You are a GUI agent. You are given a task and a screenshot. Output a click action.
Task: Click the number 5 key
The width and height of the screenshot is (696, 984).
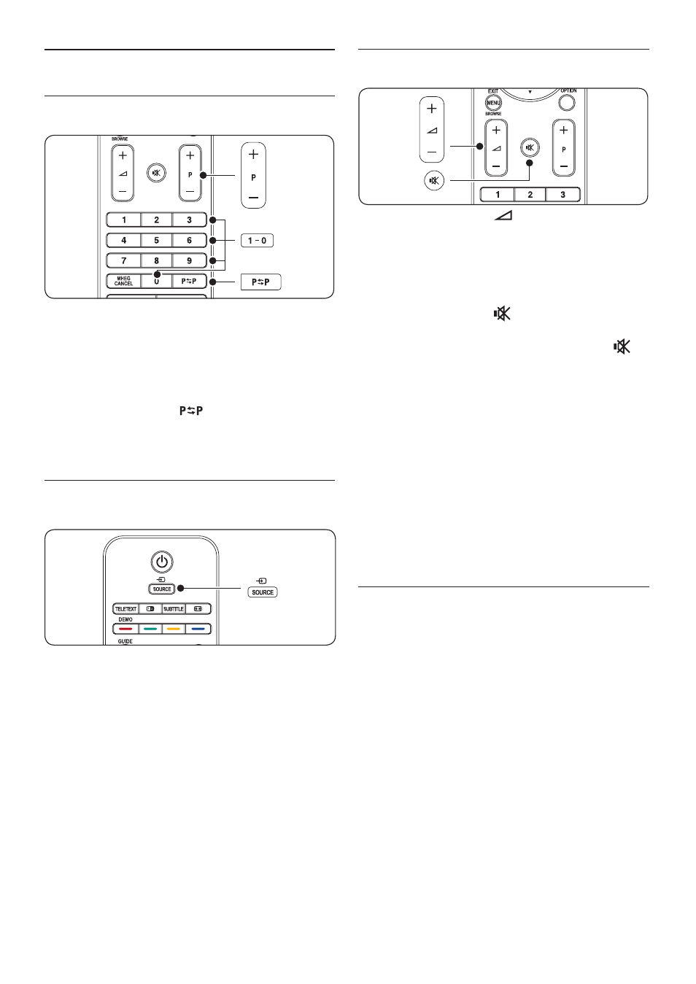[156, 240]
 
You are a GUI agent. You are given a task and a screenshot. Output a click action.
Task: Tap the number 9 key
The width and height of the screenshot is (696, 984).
[190, 260]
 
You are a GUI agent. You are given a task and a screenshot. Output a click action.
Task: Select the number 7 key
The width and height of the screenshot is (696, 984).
[124, 260]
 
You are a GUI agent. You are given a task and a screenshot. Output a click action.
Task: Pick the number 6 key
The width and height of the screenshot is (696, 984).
[190, 240]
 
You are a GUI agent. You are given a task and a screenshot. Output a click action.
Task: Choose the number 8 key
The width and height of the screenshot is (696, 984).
[156, 260]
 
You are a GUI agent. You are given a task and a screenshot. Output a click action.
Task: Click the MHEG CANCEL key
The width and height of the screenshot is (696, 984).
[124, 281]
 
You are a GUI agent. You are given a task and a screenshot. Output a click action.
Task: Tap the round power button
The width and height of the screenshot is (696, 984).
[162, 562]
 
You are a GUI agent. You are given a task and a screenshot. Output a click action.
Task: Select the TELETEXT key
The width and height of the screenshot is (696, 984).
[125, 609]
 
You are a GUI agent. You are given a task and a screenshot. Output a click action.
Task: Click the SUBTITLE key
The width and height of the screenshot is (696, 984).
[174, 609]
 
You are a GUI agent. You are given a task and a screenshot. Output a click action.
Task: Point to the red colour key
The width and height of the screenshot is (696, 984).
[125, 629]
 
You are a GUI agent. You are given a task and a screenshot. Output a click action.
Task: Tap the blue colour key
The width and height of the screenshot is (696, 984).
[198, 629]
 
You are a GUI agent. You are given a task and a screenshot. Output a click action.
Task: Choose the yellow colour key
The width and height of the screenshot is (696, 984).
[174, 629]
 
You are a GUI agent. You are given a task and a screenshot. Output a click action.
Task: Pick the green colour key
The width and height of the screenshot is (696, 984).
[150, 629]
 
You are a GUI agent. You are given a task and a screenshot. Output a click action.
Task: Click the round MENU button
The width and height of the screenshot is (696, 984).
[493, 103]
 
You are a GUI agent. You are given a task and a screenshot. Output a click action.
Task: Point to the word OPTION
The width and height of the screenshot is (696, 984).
[568, 91]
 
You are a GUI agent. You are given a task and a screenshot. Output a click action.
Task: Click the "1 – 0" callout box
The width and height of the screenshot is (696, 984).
[257, 241]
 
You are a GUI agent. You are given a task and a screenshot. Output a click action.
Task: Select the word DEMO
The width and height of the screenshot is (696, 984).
[125, 619]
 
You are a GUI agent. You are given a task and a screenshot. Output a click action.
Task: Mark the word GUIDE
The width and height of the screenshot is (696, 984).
[125, 641]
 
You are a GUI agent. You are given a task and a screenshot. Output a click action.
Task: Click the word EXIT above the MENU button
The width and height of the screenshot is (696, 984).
[493, 91]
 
